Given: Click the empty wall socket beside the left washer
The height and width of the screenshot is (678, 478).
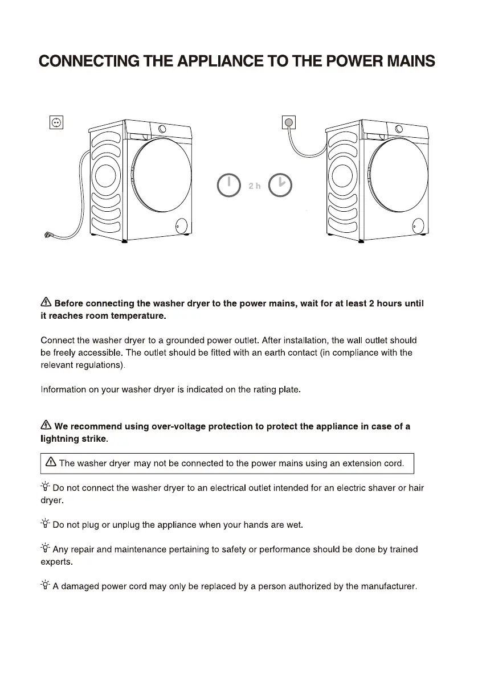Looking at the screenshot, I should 56,122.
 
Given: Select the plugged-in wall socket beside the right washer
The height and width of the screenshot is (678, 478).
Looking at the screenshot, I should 289,122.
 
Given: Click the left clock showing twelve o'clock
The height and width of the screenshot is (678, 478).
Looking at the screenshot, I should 228,185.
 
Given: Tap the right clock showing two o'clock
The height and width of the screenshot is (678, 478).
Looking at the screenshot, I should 281,185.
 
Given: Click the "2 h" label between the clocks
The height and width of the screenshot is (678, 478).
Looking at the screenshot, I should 254,186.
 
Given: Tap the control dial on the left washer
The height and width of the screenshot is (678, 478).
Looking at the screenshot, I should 162,129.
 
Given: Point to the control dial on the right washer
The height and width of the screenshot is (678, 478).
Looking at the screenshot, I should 399,129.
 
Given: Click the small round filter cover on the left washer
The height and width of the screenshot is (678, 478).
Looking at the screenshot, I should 182,225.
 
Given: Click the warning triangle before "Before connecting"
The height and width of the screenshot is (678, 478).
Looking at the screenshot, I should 46,303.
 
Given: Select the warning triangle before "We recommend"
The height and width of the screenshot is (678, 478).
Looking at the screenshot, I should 46,426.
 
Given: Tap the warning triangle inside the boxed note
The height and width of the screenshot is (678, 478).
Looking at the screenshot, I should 51,463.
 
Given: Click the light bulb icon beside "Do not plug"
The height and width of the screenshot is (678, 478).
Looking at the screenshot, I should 46,524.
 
